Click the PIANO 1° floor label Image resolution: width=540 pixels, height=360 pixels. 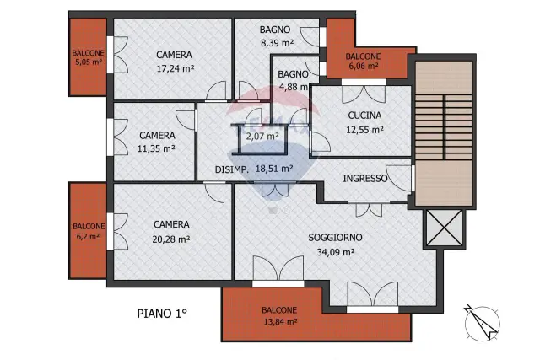click(162, 314)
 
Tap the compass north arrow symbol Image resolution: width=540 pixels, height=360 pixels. click(482, 324)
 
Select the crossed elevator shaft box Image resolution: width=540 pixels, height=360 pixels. click(445, 228)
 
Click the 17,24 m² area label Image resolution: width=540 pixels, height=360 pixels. click(175, 68)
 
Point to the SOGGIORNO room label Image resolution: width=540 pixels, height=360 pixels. click(335, 238)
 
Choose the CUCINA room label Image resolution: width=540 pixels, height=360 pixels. click(364, 116)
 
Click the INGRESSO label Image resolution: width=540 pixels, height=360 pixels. click(365, 178)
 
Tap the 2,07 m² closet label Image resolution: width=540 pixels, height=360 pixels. click(262, 137)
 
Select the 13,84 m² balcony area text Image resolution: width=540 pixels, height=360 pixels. click(280, 322)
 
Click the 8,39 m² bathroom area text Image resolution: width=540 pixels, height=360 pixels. click(278, 43)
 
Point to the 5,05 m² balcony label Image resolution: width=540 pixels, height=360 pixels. click(89, 62)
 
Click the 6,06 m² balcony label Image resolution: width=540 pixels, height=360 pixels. click(364, 66)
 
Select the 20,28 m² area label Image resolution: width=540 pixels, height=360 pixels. click(171, 239)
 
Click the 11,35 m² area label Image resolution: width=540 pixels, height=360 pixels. click(156, 148)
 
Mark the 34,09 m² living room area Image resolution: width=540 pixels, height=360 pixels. click(336, 252)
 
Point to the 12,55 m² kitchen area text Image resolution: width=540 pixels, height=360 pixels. click(364, 130)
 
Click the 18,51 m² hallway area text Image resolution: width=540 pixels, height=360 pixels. click(274, 169)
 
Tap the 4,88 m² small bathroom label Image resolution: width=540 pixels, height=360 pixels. click(294, 87)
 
